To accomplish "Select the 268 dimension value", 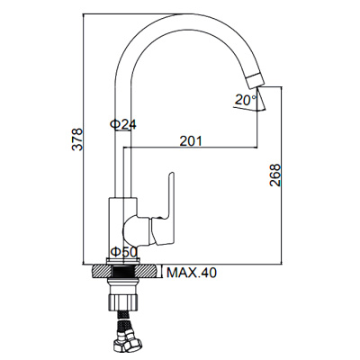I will (x=275, y=174).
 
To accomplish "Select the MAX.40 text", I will (x=193, y=271).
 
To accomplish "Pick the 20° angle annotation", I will (x=244, y=101).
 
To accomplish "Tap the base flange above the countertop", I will (x=125, y=259).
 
